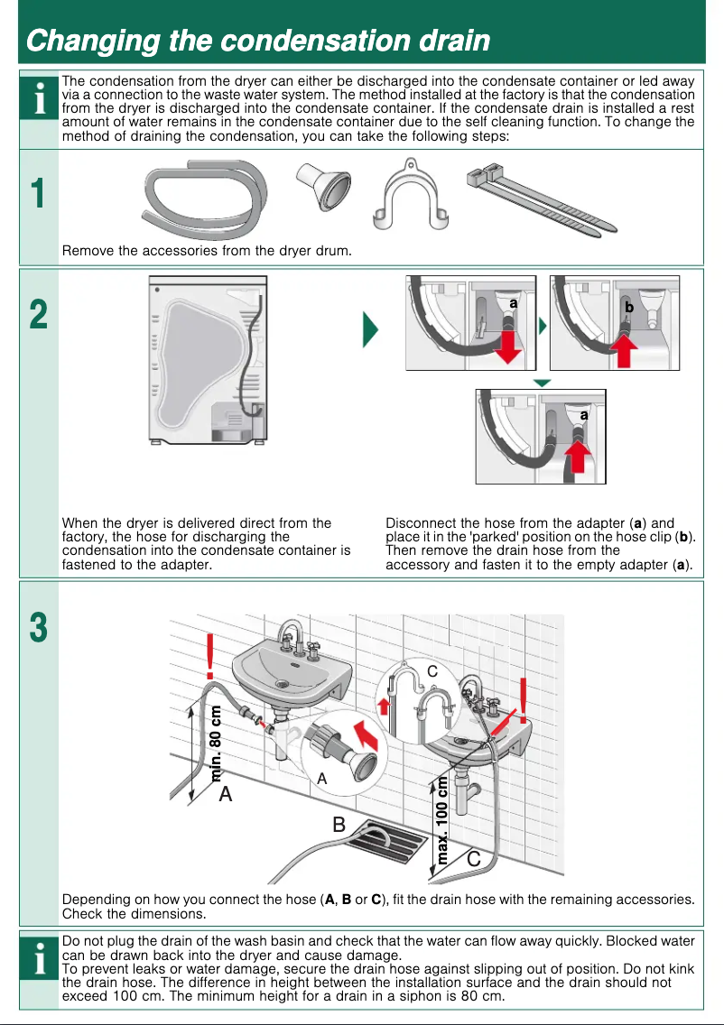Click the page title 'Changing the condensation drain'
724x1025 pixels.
click(258, 41)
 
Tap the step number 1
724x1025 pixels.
click(38, 195)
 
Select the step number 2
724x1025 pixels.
click(38, 316)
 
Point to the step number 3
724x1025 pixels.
click(38, 628)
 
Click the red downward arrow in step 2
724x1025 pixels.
click(509, 346)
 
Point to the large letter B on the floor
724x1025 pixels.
click(339, 824)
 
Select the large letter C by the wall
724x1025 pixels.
click(473, 860)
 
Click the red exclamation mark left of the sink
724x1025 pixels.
click(210, 656)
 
